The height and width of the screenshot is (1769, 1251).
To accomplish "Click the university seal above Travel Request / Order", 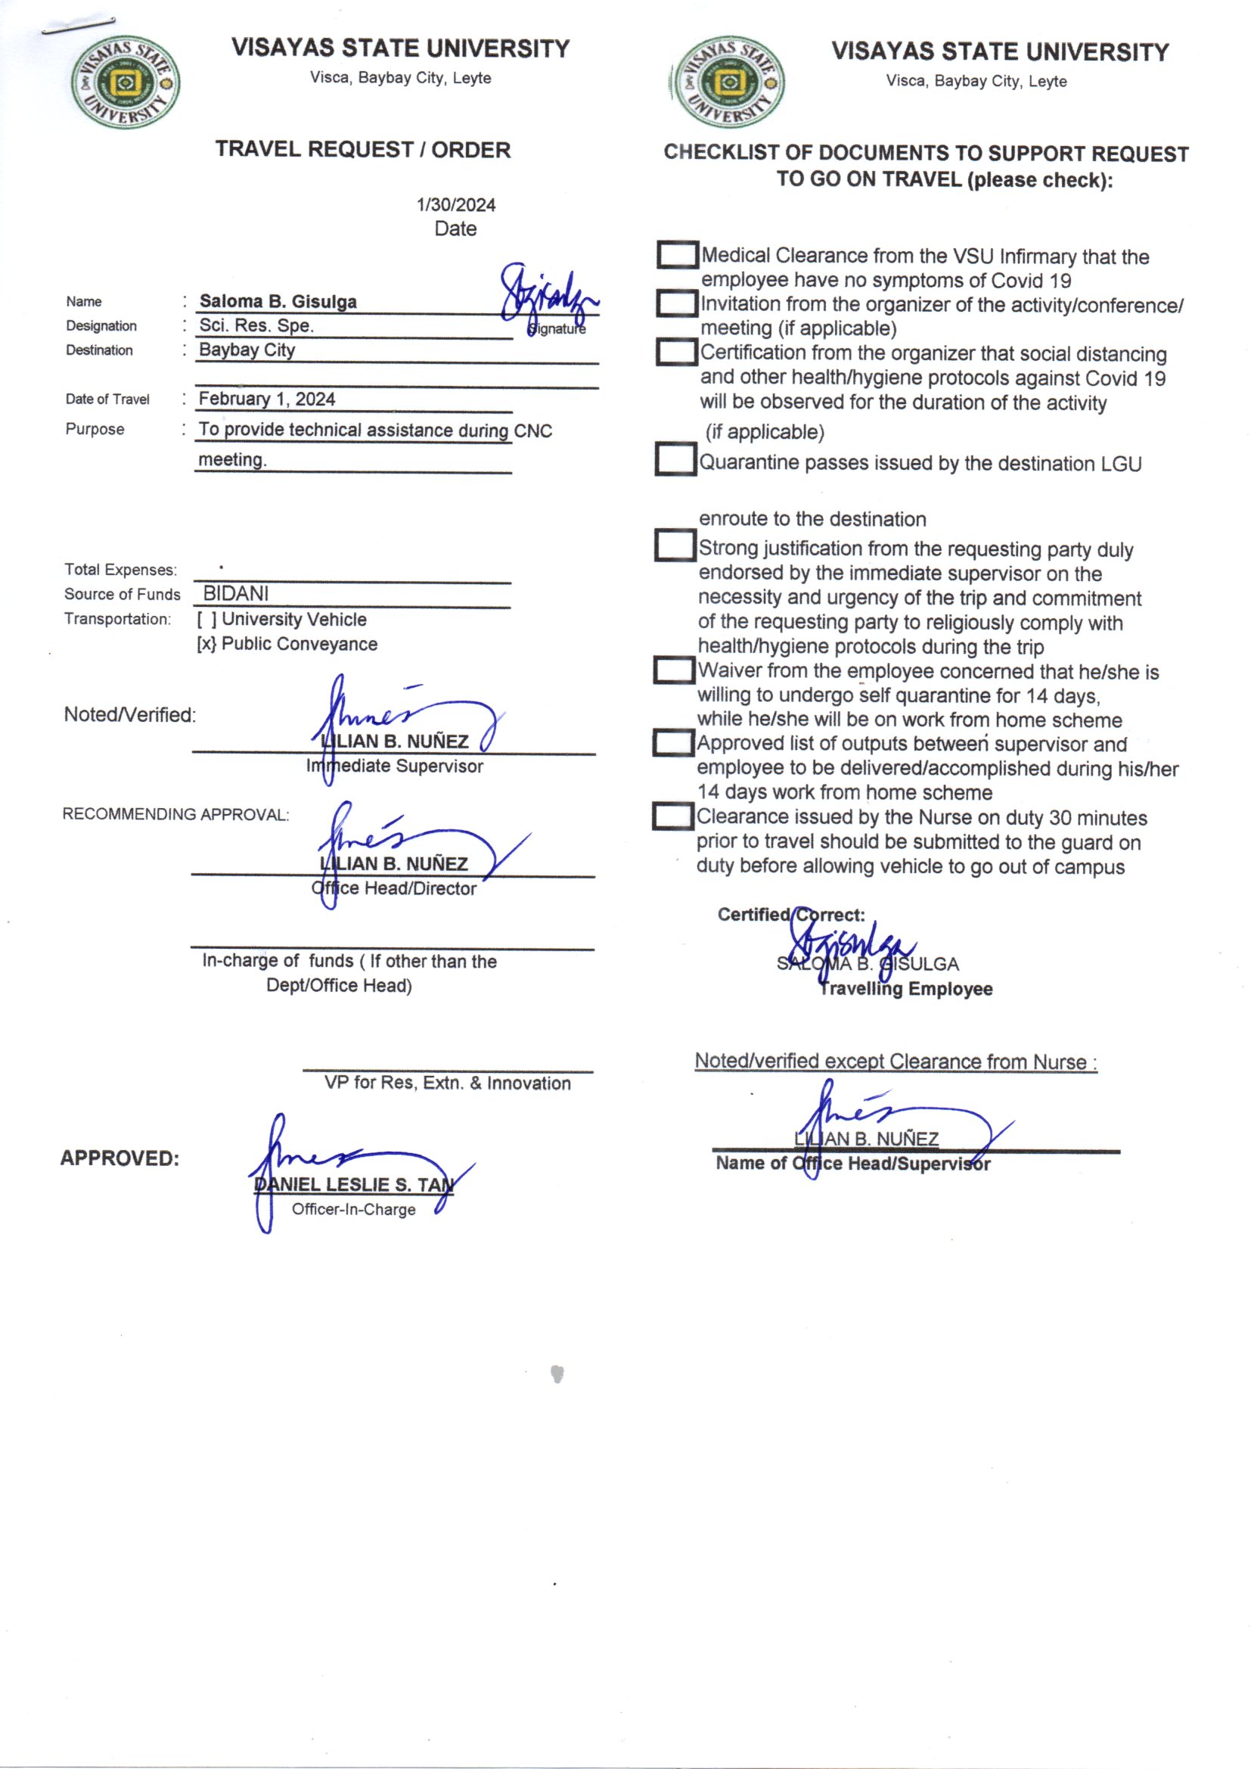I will pos(126,82).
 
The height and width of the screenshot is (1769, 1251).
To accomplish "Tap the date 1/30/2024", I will pos(455,205).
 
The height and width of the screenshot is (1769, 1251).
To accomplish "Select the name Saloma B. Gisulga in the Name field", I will pos(278,301).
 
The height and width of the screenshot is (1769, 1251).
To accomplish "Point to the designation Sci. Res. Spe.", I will pos(256,325).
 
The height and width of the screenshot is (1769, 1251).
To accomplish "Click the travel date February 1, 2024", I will pos(266,399).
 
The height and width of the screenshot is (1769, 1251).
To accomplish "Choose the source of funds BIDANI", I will pos(236,593).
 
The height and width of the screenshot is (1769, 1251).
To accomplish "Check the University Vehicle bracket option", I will pos(206,620).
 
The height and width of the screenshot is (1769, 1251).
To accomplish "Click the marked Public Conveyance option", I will pos(206,644).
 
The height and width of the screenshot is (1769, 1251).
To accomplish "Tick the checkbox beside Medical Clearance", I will pos(677,255).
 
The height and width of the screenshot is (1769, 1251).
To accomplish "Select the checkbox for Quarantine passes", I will pos(675,459).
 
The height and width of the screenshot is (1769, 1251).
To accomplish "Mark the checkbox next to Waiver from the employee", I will pos(674,670).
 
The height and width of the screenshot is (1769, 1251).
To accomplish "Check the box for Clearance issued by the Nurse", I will pos(673,816).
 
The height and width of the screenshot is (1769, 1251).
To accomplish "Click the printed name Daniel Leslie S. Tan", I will pos(353,1184).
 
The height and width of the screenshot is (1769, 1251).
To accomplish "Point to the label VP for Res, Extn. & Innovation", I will pos(447,1083).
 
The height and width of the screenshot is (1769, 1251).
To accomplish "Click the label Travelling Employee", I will pos(905,988).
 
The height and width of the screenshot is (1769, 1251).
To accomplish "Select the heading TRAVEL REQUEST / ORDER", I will pos(363,150).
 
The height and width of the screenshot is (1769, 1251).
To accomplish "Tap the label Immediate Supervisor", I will pos(394,766).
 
